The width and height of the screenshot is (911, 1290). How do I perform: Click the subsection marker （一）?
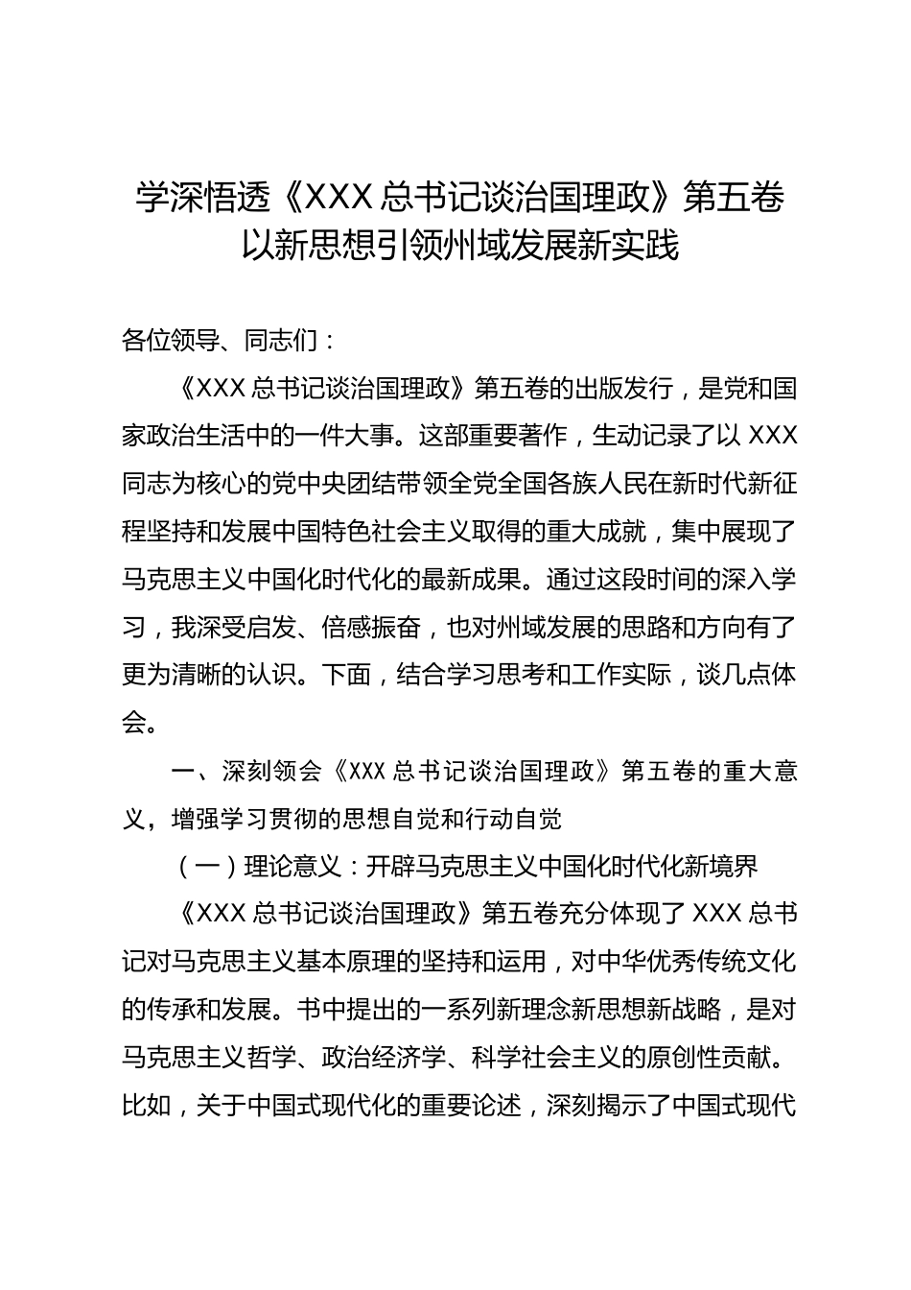(201, 867)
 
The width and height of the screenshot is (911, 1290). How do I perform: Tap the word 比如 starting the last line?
(145, 1106)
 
